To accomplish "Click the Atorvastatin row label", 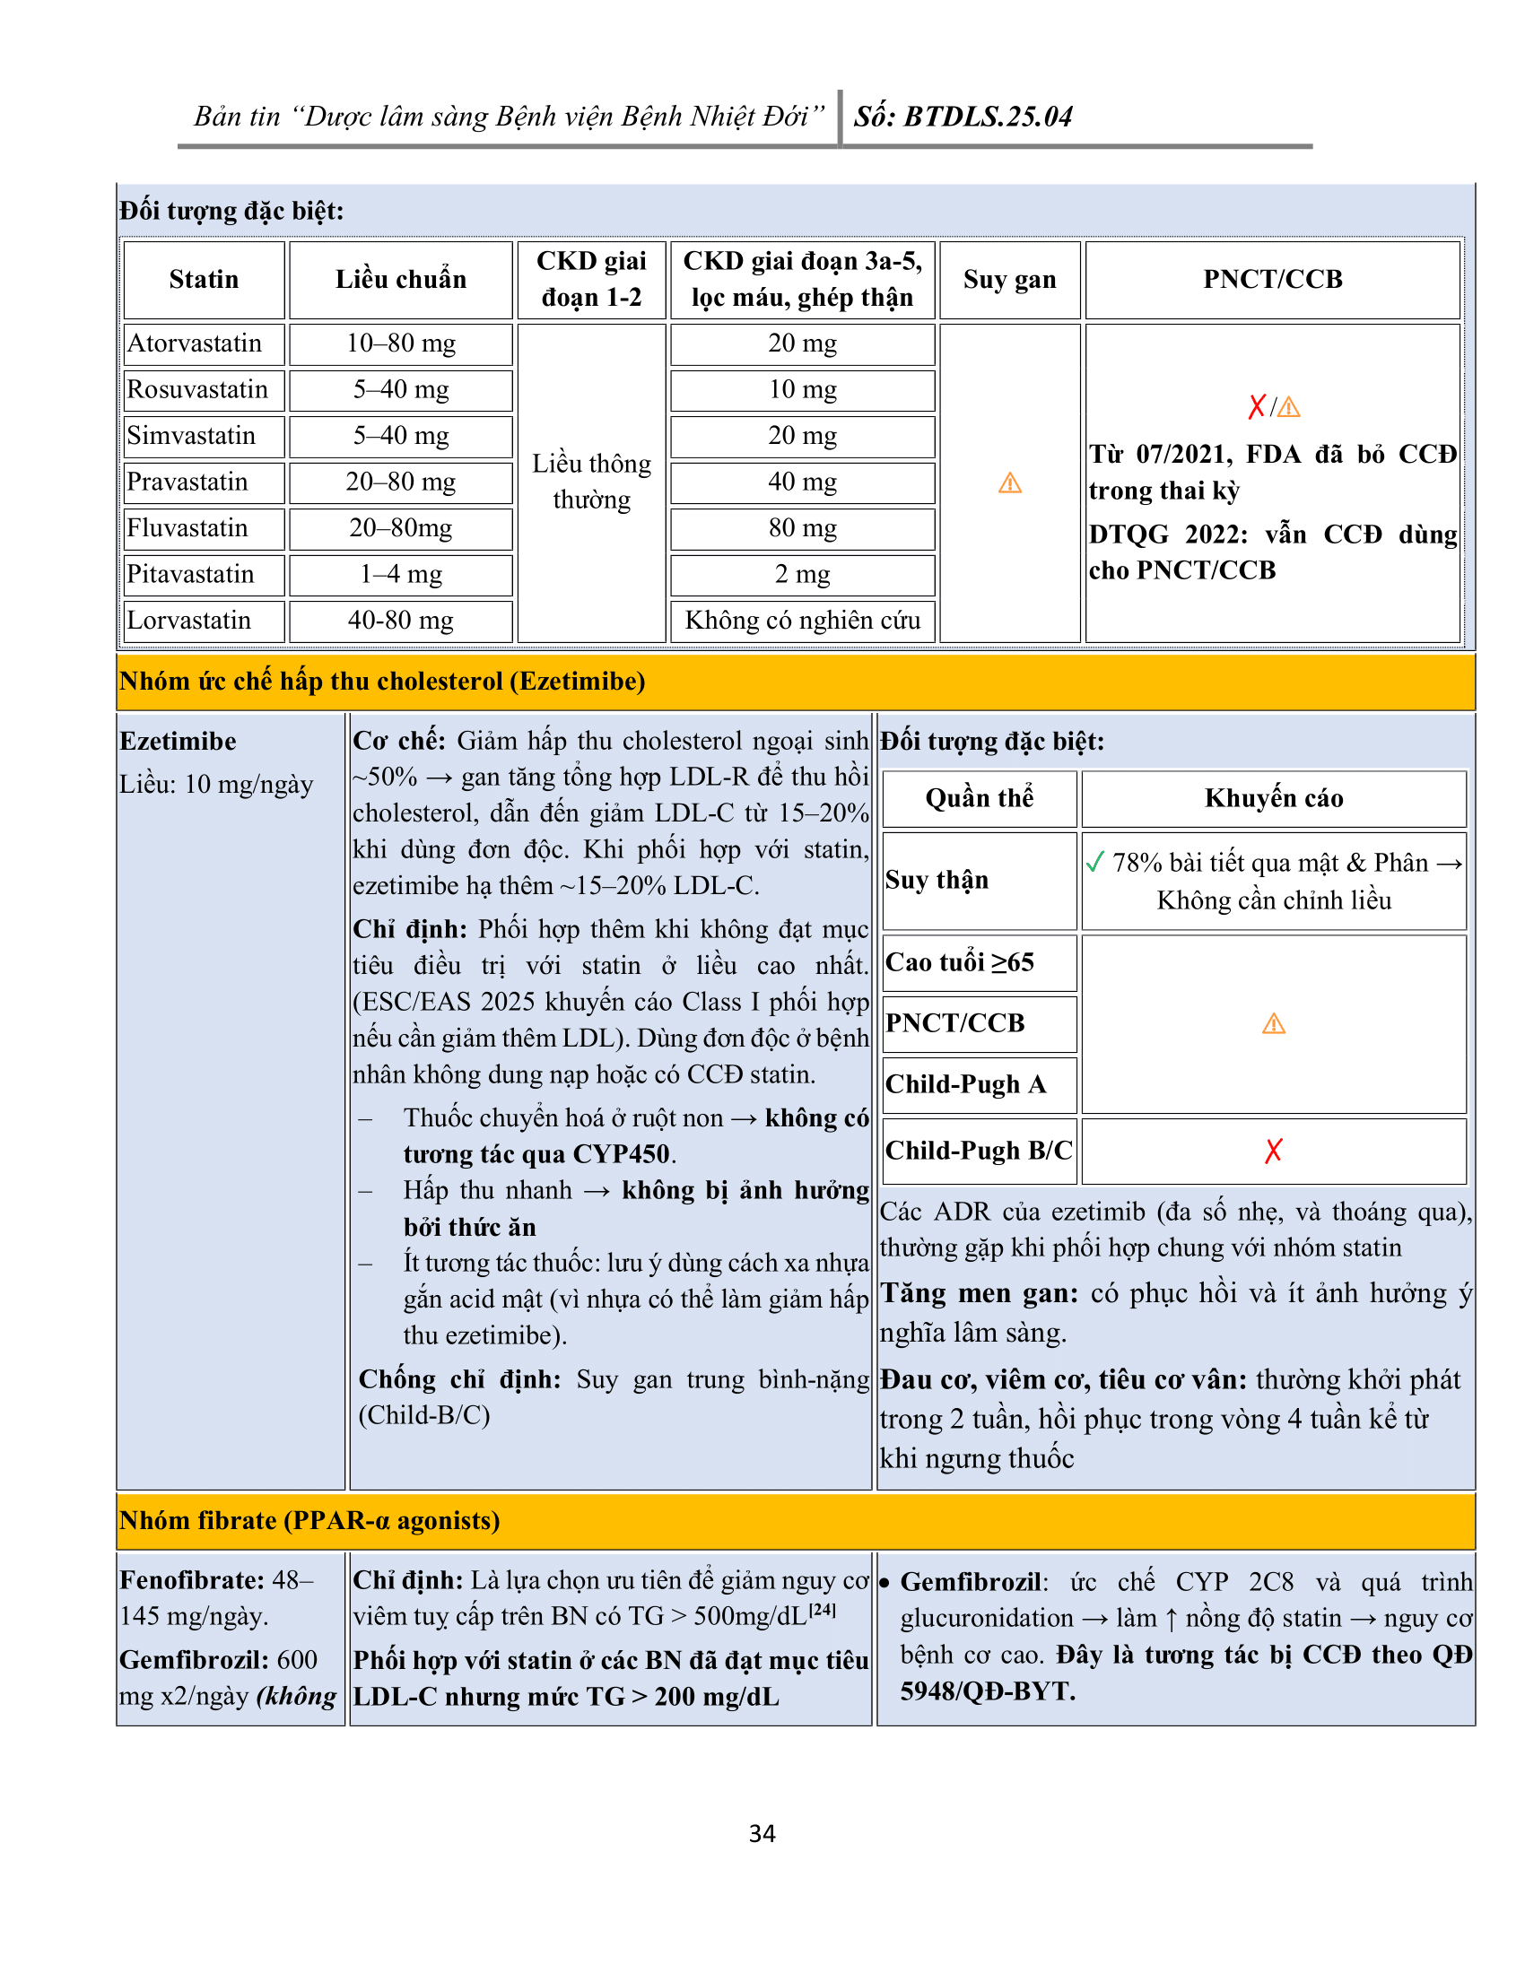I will point(195,343).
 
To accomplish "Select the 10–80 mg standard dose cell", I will point(400,343).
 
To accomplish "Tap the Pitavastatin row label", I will point(189,574).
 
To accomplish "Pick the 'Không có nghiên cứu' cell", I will point(802,620).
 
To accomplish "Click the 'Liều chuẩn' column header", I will point(400,279).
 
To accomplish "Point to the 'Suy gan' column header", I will point(1009,279).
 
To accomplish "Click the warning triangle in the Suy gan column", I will point(1009,483).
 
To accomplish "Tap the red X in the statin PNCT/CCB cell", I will point(1256,407).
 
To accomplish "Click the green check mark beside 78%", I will point(1095,862).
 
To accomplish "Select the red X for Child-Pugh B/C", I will point(1273,1150).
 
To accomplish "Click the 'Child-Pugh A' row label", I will point(965,1083).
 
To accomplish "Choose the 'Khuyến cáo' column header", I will point(1273,797).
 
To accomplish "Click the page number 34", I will point(762,1833).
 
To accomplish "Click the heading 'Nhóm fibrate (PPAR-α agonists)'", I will point(309,1520).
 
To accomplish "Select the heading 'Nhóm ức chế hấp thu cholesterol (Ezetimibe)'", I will point(382,682).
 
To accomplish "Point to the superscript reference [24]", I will point(822,1610).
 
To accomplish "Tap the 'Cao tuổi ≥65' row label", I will point(960,962).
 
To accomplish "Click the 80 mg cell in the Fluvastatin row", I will point(802,527).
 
